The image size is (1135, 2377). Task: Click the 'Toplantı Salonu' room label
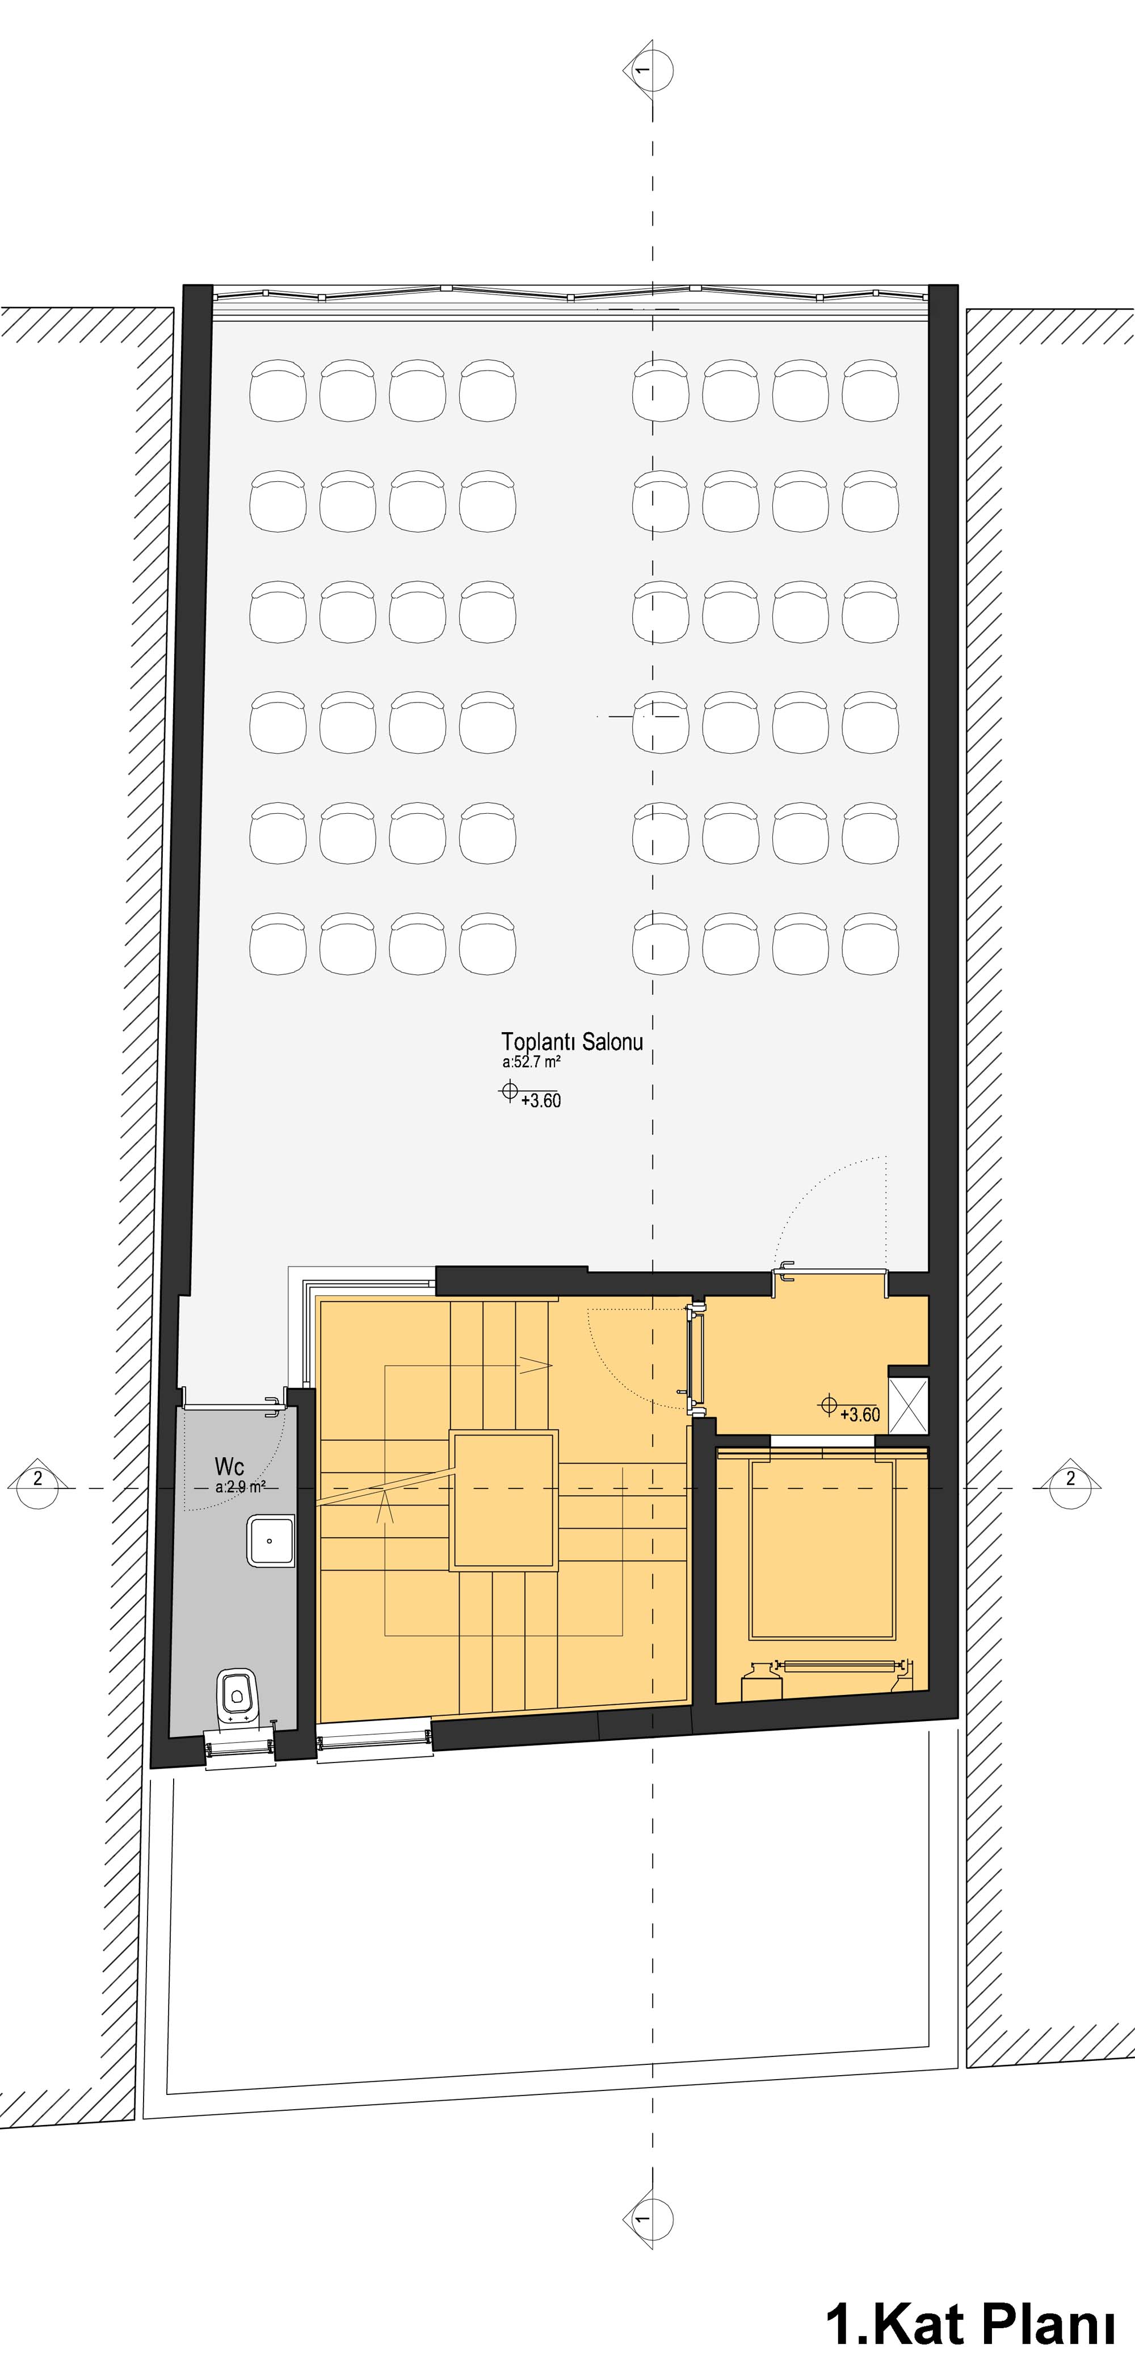click(572, 1042)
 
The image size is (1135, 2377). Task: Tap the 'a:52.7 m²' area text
click(532, 1062)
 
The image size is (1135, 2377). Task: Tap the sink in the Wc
click(270, 1542)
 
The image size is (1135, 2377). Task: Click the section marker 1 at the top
click(648, 69)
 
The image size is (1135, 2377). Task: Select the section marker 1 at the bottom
click(648, 2218)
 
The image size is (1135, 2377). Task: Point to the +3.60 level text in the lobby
click(860, 1415)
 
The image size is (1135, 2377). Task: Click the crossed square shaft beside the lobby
click(908, 1406)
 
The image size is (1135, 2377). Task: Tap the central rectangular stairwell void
click(504, 1500)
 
